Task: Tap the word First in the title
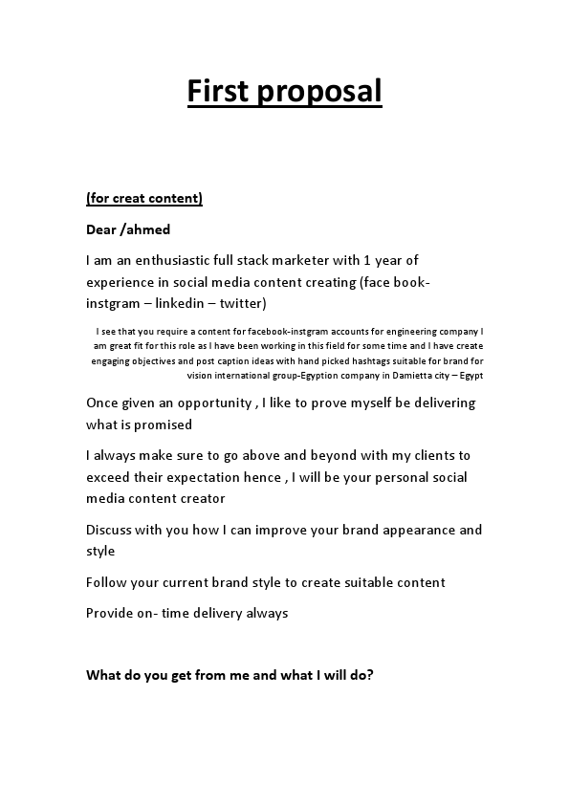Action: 217,91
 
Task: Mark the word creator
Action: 202,498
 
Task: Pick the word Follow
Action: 107,582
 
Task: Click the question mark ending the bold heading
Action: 370,674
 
